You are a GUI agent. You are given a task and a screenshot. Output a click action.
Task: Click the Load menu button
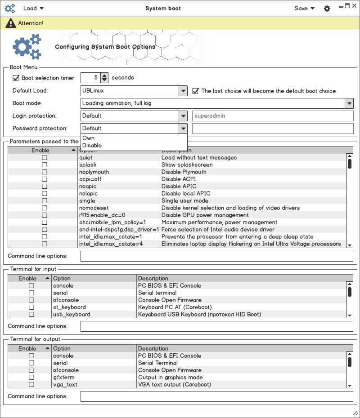pyautogui.click(x=33, y=8)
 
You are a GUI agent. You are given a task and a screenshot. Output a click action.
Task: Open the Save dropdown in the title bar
pyautogui.click(x=304, y=8)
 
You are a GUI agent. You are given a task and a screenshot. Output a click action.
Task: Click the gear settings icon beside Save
pyautogui.click(x=327, y=9)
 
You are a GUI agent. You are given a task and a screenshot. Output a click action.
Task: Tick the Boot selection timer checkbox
pyautogui.click(x=16, y=78)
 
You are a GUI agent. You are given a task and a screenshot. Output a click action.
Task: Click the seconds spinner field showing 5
pyautogui.click(x=90, y=78)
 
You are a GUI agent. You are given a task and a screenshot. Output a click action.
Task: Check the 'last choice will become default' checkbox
pyautogui.click(x=196, y=91)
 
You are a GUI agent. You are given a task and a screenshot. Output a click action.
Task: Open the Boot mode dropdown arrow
pyautogui.click(x=349, y=103)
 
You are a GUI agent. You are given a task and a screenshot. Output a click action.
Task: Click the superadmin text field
pyautogui.click(x=273, y=116)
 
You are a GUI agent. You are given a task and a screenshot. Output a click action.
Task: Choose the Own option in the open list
pyautogui.click(x=89, y=138)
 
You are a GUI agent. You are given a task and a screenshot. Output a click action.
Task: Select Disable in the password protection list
pyautogui.click(x=92, y=146)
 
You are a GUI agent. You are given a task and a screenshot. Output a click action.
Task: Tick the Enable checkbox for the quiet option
pyautogui.click(x=45, y=158)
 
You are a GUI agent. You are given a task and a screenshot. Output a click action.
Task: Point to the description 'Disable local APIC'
pyautogui.click(x=185, y=194)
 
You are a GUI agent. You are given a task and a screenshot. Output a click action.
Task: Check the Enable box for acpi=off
pyautogui.click(x=45, y=179)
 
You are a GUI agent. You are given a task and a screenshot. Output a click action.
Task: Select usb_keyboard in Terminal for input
pyautogui.click(x=72, y=315)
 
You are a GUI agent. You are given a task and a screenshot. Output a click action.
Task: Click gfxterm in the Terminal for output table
pyautogui.click(x=64, y=378)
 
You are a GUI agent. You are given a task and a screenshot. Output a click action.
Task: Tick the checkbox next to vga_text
pyautogui.click(x=31, y=385)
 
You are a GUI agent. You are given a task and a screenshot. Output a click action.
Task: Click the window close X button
pyautogui.click(x=354, y=6)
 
